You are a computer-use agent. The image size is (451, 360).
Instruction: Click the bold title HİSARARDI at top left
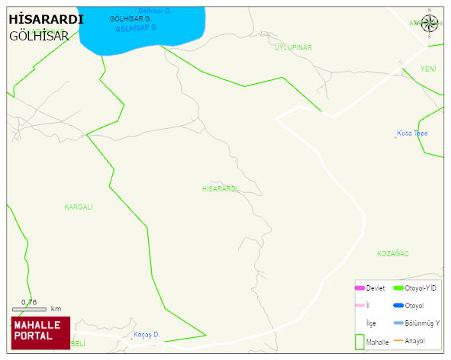coord(47,20)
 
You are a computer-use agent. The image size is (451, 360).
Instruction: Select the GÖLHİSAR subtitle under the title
coord(40,36)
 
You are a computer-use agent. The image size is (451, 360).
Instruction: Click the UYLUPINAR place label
coord(293,47)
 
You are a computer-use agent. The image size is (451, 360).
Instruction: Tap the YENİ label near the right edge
coord(428,69)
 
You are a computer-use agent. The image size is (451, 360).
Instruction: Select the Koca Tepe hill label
coord(412,133)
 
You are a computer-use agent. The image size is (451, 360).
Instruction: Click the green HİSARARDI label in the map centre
coord(221,188)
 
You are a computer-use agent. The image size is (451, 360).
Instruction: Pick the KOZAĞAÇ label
coord(393,253)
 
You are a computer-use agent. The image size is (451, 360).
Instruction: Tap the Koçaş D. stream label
coord(146,335)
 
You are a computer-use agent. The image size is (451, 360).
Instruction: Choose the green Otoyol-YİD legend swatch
coord(398,288)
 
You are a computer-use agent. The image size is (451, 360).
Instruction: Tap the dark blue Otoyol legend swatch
coord(398,305)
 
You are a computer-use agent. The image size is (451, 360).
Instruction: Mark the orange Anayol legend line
coord(398,340)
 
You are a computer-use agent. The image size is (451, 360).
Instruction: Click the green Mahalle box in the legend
coord(359,341)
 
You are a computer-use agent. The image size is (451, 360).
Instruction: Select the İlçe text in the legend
coord(371,323)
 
